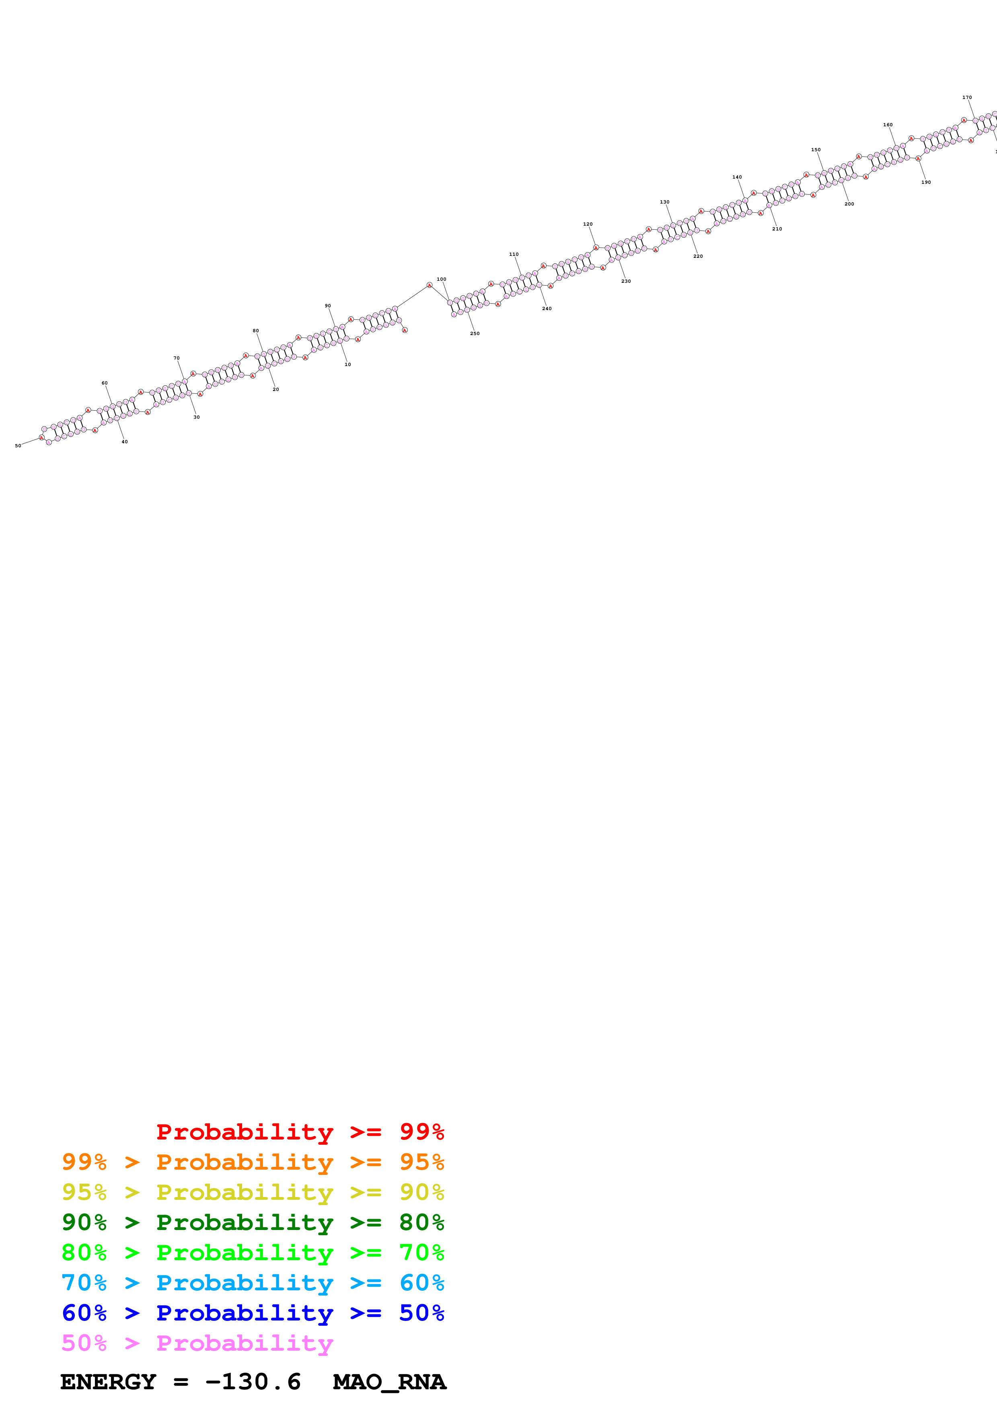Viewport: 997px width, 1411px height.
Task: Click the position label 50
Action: pyautogui.click(x=18, y=446)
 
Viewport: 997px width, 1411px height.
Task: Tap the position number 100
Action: pyautogui.click(x=441, y=279)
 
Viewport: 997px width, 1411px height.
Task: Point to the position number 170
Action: pyautogui.click(x=967, y=97)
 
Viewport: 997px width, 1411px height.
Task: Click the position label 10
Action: pyautogui.click(x=348, y=364)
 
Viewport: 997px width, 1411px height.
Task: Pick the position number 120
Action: pyautogui.click(x=588, y=224)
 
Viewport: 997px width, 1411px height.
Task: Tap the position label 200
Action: pyautogui.click(x=849, y=204)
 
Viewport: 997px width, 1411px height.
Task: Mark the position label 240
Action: pyautogui.click(x=547, y=309)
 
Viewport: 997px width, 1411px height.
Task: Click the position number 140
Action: pyautogui.click(x=737, y=177)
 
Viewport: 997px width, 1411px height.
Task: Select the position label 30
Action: pyautogui.click(x=197, y=417)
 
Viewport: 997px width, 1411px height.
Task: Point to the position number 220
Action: pyautogui.click(x=698, y=256)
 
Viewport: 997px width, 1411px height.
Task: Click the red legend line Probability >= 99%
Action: pyautogui.click(x=300, y=1132)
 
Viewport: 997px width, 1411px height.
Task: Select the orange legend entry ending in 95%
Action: pyautogui.click(x=253, y=1162)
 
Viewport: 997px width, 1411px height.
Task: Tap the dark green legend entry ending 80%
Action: pyautogui.click(x=253, y=1222)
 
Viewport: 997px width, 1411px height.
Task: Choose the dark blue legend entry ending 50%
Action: pyautogui.click(x=253, y=1313)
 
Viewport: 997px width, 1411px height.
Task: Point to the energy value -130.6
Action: pyautogui.click(x=253, y=1382)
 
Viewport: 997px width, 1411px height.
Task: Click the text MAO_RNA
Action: pyautogui.click(x=389, y=1382)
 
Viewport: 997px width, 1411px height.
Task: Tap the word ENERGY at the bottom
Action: pyautogui.click(x=108, y=1382)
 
